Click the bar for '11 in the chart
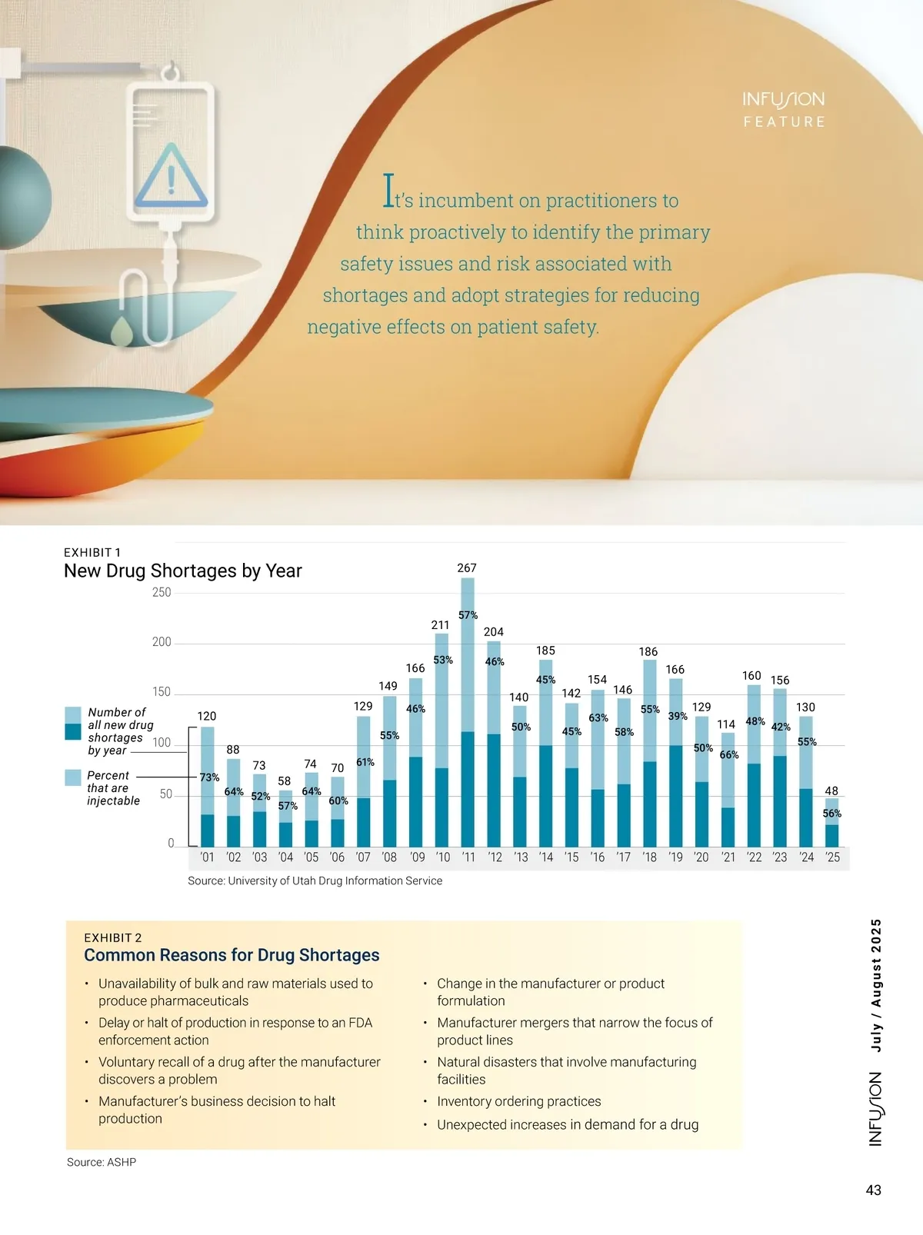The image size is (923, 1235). coord(468,715)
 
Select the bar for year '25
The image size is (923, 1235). coord(831,824)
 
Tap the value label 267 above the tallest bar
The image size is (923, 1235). coord(467,568)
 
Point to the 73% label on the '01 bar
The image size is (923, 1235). coord(209,777)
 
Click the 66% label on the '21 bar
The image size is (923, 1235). coord(729,755)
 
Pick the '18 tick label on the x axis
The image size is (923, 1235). coord(649,857)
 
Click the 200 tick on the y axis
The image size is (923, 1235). coord(162,642)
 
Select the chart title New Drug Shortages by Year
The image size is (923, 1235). coord(183,571)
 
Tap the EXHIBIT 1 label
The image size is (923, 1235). coord(92,552)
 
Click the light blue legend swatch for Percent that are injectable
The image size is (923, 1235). coord(73,777)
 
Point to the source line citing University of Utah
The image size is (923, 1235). coord(315,880)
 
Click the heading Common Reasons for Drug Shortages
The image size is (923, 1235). coord(232,955)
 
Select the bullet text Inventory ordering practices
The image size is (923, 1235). coord(519,1101)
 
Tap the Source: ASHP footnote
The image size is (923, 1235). coord(102,1162)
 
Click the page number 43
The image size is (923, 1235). coord(874,1190)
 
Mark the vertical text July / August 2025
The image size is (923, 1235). coord(875,985)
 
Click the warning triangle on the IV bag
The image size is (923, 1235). coord(171,177)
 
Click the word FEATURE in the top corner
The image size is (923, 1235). coord(784,122)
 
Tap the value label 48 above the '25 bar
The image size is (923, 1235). coord(831,791)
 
